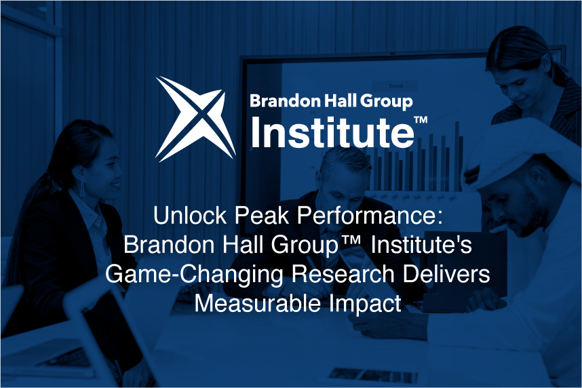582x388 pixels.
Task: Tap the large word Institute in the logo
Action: point(332,132)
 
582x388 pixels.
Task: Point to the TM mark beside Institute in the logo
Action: point(421,120)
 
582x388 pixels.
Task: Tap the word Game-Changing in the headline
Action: point(194,275)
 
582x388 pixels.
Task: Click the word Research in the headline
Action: point(343,274)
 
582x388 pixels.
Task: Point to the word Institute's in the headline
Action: point(421,245)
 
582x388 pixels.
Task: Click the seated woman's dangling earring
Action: point(82,189)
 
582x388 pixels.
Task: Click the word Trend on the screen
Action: point(395,86)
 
